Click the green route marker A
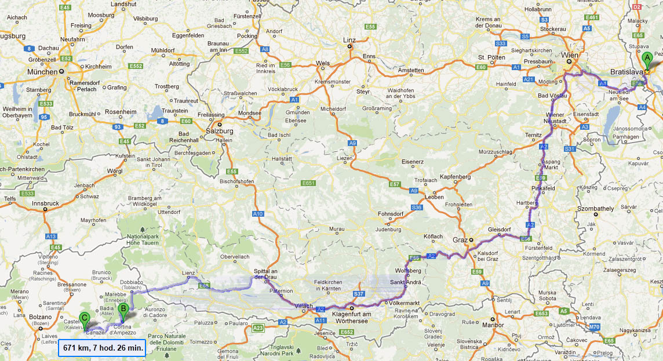pos(647,58)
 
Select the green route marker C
pos(85,318)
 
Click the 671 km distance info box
pos(101,348)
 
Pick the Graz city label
pos(461,239)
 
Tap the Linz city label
pos(349,40)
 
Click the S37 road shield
pos(358,294)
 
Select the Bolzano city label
pos(41,318)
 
